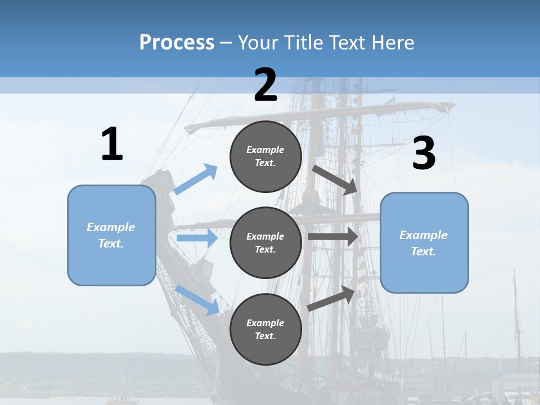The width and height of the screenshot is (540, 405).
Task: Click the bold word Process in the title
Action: click(177, 43)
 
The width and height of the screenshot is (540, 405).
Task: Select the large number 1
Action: click(112, 145)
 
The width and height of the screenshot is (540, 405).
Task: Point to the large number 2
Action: click(265, 85)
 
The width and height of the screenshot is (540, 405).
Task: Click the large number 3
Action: click(424, 154)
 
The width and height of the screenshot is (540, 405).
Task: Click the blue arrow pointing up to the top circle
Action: click(196, 179)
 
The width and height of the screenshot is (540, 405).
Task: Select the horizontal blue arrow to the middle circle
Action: click(197, 238)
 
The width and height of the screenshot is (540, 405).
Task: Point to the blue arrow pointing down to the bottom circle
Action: click(197, 299)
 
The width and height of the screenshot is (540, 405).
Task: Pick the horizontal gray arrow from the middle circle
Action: click(333, 236)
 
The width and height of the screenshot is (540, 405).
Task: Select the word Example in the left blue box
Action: click(111, 227)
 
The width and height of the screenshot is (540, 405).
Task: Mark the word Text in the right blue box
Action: click(423, 251)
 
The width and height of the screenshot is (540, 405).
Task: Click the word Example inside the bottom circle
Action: click(265, 323)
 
